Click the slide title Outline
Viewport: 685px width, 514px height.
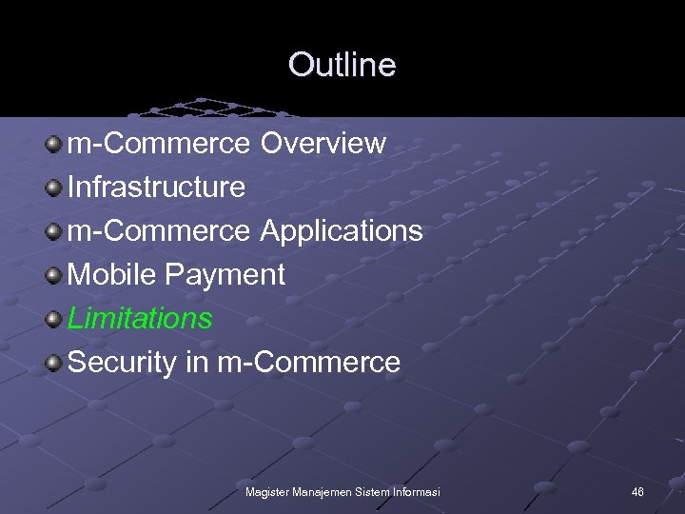tap(342, 65)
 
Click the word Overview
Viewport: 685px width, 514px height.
tap(323, 144)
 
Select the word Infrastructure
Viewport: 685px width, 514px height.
tap(157, 188)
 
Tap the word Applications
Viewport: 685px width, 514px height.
tap(342, 231)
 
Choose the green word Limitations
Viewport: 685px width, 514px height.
tap(140, 318)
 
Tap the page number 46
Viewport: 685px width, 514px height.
tap(637, 491)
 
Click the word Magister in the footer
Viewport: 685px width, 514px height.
tap(266, 491)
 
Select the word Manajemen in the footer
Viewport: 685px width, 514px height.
tap(322, 491)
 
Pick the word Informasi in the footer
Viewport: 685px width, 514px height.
tap(418, 491)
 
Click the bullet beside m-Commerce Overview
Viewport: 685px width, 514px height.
tap(55, 144)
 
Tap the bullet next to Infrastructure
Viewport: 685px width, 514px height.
tap(55, 188)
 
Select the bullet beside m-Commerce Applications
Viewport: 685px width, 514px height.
tap(55, 231)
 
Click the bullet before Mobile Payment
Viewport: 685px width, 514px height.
tap(55, 275)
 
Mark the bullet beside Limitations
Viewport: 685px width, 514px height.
tap(55, 319)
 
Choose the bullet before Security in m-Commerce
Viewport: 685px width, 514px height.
tap(55, 363)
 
